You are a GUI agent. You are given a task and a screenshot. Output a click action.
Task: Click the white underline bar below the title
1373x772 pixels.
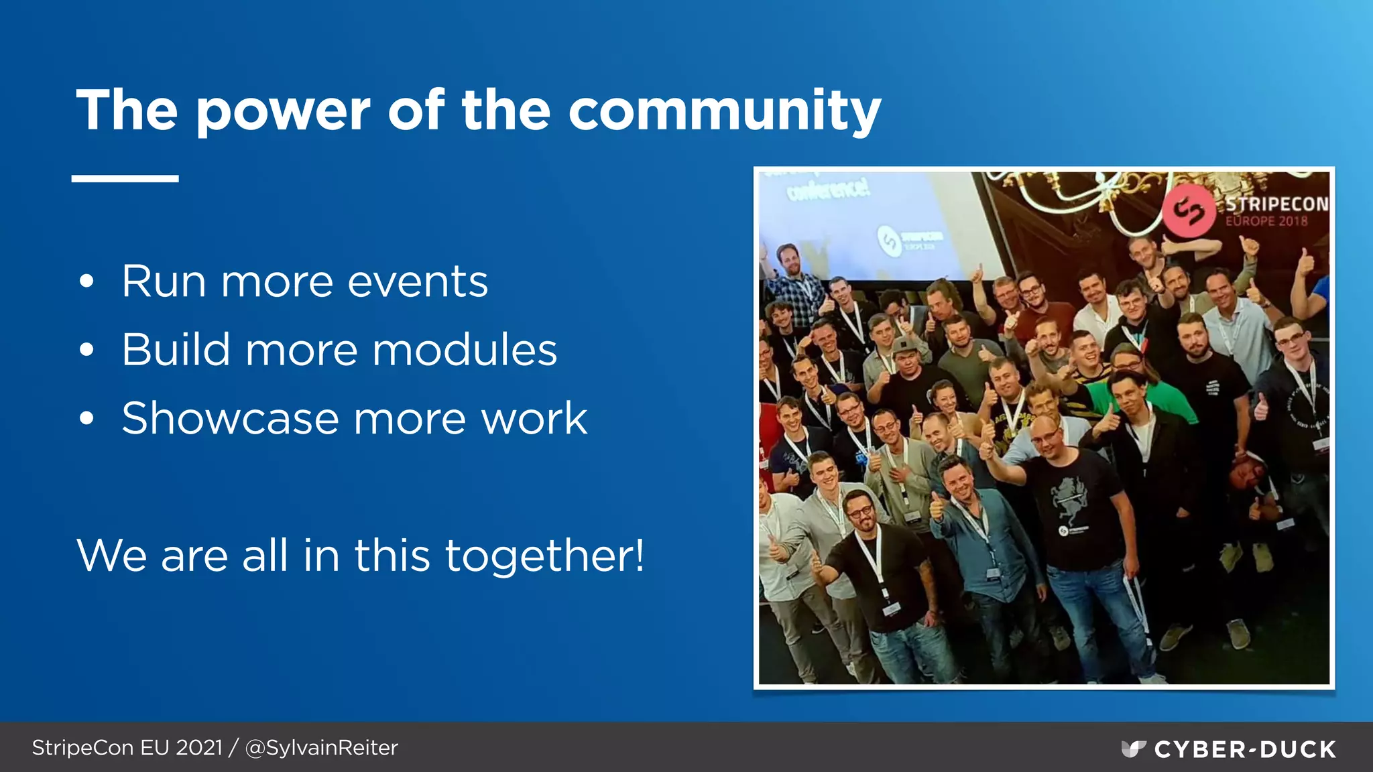[125, 178]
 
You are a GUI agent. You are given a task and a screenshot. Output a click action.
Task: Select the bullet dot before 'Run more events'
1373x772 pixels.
[86, 281]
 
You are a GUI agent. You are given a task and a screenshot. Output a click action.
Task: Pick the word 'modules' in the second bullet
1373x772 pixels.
[465, 350]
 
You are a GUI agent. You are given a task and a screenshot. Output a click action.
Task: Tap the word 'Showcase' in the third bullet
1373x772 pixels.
[229, 418]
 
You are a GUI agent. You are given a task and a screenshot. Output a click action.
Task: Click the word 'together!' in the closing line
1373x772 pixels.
[544, 556]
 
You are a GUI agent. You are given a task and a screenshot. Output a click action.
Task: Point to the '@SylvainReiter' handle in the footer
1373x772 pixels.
[321, 747]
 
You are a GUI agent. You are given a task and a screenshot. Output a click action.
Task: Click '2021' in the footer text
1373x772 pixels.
[198, 747]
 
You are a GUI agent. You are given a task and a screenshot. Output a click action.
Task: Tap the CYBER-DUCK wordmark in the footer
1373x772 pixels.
[1245, 749]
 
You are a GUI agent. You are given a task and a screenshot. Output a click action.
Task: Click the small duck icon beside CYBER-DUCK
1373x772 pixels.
[1133, 749]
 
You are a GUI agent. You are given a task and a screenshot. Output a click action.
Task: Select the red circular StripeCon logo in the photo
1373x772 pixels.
[1189, 210]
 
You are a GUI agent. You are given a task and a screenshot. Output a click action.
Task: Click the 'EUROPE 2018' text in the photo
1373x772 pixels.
[1266, 220]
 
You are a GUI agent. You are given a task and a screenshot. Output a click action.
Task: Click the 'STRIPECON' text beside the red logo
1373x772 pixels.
[1276, 204]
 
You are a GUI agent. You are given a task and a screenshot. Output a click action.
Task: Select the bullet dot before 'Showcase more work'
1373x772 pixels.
[86, 419]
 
